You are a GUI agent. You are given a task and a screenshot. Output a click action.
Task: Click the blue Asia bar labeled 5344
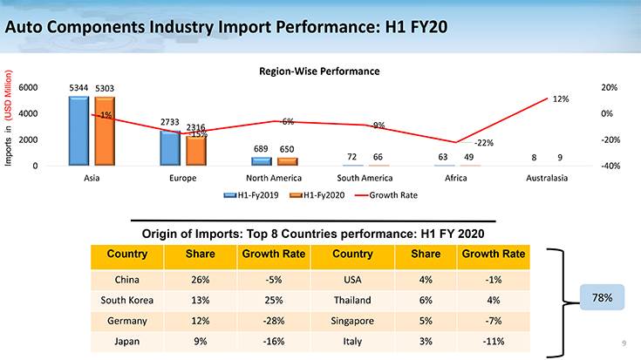78,131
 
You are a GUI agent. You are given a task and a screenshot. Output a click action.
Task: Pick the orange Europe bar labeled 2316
196,151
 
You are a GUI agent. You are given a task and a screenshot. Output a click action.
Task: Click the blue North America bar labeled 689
261,161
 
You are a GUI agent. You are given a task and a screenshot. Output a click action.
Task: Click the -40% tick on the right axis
610,166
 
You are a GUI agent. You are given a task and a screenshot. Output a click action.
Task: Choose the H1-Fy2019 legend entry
252,195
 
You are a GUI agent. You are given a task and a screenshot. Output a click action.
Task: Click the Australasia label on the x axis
548,179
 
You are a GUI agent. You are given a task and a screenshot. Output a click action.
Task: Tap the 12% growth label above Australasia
562,99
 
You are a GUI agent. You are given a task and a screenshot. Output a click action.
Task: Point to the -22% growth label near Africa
484,142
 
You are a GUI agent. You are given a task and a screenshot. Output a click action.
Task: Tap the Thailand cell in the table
352,300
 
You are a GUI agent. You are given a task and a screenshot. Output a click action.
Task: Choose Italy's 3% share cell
425,340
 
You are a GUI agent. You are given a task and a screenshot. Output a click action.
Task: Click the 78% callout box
603,299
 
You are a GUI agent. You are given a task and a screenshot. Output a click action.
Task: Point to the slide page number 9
624,342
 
